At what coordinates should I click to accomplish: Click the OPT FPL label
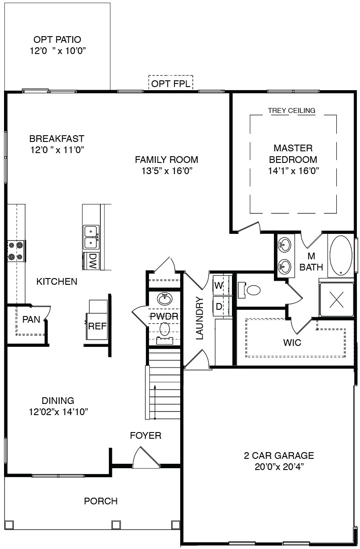(171, 84)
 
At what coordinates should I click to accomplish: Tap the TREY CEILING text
(291, 111)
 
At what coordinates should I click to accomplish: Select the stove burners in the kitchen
(16, 251)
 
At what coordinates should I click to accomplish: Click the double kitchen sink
(91, 237)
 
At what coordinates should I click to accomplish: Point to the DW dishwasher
(91, 261)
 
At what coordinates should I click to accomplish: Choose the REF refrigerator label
(97, 326)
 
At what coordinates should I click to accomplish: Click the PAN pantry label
(31, 319)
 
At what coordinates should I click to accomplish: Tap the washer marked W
(219, 285)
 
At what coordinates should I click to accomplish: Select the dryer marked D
(219, 306)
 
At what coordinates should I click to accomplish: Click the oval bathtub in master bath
(341, 255)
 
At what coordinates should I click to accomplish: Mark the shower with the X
(336, 299)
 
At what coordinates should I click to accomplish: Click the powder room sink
(165, 299)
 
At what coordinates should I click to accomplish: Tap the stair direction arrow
(155, 402)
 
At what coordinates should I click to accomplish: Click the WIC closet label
(292, 343)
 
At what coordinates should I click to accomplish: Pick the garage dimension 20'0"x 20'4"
(279, 467)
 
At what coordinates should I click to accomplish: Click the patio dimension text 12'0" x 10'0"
(58, 51)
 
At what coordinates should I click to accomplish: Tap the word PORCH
(101, 501)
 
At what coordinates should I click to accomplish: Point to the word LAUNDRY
(199, 318)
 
